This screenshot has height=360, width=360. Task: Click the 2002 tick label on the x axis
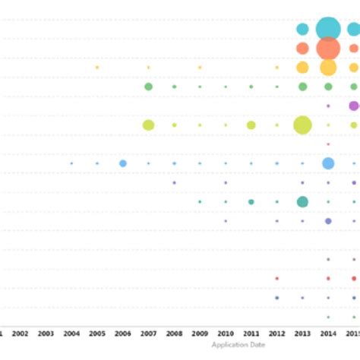(21, 333)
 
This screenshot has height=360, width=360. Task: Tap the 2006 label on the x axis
(123, 333)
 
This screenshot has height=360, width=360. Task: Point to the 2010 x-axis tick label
(226, 333)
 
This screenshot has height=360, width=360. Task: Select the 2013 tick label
(302, 333)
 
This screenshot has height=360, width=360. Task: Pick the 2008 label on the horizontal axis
(174, 333)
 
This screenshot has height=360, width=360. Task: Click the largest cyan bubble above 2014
(328, 29)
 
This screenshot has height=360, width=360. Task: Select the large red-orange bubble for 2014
(328, 49)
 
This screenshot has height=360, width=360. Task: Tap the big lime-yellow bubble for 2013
(302, 125)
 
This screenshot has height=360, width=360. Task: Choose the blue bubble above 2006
(123, 163)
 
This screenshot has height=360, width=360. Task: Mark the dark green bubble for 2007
(149, 87)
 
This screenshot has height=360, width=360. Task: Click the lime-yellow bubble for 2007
(149, 125)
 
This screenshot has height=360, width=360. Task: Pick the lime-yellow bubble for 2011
(251, 125)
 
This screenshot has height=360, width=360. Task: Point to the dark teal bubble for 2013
(302, 201)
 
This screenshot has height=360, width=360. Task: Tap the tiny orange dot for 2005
(97, 68)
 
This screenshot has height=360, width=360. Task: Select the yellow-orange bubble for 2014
(328, 68)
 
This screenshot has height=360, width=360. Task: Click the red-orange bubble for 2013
(302, 49)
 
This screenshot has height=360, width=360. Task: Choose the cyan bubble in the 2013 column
(302, 30)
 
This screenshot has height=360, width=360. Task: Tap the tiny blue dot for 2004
(71, 163)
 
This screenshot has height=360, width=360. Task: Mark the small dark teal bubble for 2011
(251, 201)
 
